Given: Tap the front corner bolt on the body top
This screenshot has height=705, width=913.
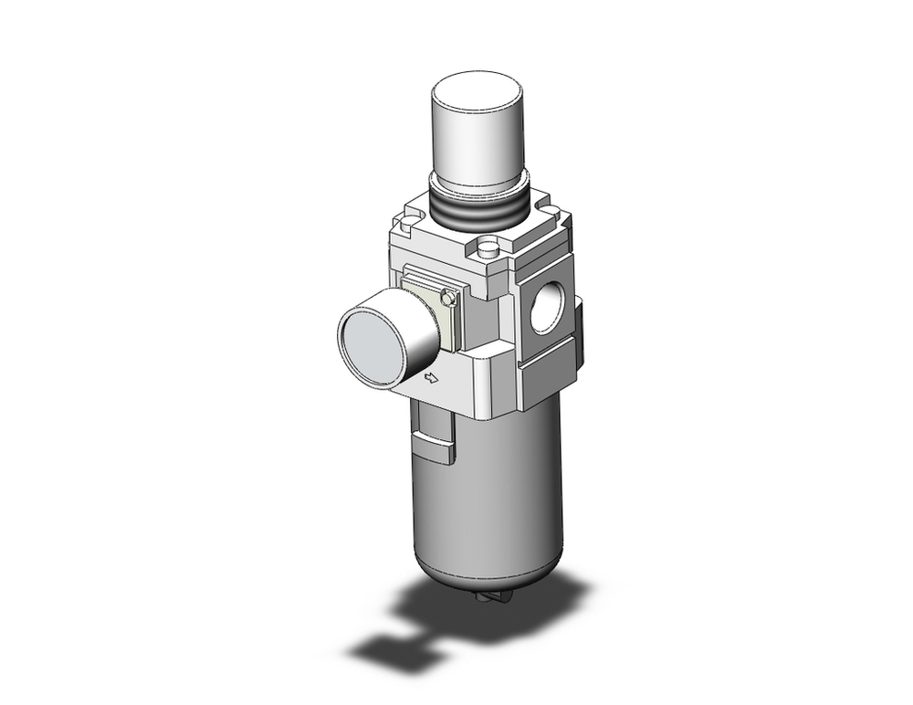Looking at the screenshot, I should coord(489,247).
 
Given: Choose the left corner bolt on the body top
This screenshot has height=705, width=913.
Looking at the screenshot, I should coord(404,221).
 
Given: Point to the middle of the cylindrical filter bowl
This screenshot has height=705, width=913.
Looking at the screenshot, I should coord(493,493).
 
